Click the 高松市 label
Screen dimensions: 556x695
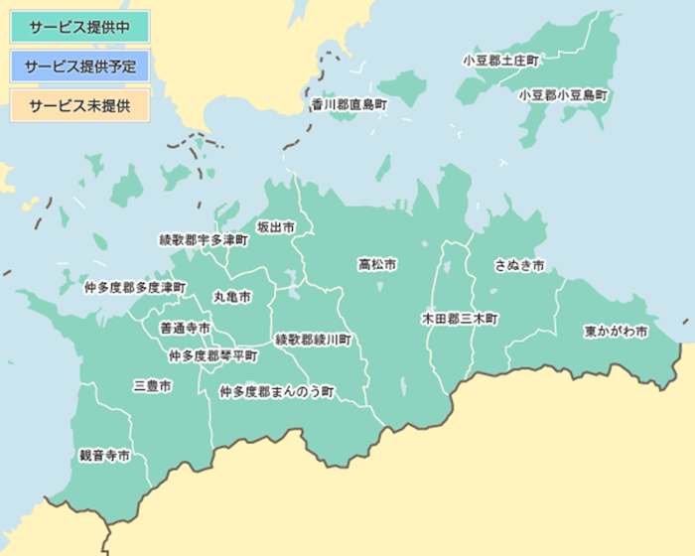pyautogui.click(x=377, y=265)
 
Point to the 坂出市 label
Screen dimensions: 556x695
pyautogui.click(x=276, y=227)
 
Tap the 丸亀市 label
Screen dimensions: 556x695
pyautogui.click(x=231, y=297)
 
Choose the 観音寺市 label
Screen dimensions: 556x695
pyautogui.click(x=105, y=457)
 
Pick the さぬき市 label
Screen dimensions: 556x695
pyautogui.click(x=519, y=266)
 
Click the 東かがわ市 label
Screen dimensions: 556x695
pyautogui.click(x=616, y=331)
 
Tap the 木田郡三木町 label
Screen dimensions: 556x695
pyautogui.click(x=460, y=320)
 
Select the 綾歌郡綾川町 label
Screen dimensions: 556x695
pyautogui.click(x=313, y=340)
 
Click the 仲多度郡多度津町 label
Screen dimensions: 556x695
pyautogui.click(x=135, y=287)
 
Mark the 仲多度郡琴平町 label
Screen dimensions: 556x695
pyautogui.click(x=212, y=355)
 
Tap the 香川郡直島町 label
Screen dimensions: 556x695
pyautogui.click(x=347, y=103)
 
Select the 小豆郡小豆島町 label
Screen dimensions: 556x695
pyautogui.click(x=563, y=96)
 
